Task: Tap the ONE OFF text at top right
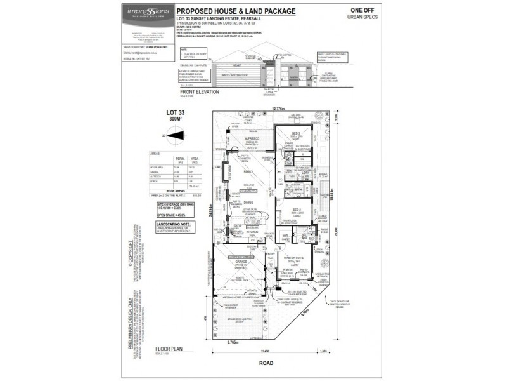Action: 359,10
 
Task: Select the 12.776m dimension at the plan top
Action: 279,109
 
